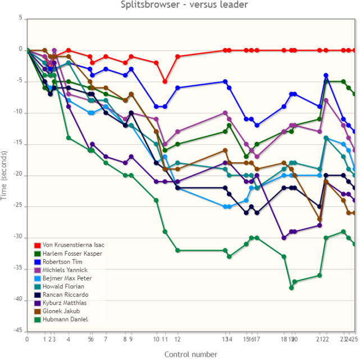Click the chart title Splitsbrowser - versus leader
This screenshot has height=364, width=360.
185,5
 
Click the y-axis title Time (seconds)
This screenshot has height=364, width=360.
5,175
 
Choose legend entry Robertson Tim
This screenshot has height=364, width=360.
62,261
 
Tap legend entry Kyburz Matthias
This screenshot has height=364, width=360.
65,303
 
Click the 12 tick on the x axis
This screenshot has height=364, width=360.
177,339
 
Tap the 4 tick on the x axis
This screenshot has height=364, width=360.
69,339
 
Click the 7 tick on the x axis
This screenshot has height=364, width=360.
106,339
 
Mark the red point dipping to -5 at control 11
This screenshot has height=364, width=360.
165,81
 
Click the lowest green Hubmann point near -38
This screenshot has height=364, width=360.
291,288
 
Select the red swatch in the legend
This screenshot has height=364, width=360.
37,245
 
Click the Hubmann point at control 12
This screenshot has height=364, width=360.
177,250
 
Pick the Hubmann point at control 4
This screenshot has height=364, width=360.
69,137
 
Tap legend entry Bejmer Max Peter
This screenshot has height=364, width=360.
67,278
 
